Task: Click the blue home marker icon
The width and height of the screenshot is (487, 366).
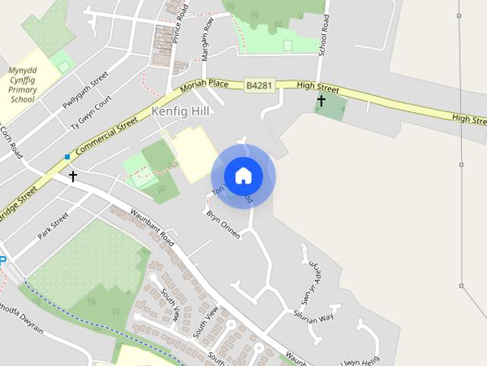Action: [243, 175]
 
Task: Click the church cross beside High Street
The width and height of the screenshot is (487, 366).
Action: [321, 101]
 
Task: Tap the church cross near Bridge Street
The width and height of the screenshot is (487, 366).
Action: [73, 176]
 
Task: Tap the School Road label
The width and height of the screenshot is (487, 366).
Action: [324, 34]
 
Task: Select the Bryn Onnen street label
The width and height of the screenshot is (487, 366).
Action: [223, 225]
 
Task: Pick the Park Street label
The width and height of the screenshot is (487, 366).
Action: [53, 225]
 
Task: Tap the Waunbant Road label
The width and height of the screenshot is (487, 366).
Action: [152, 229]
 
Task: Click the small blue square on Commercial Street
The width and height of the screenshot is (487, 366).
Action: [67, 157]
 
